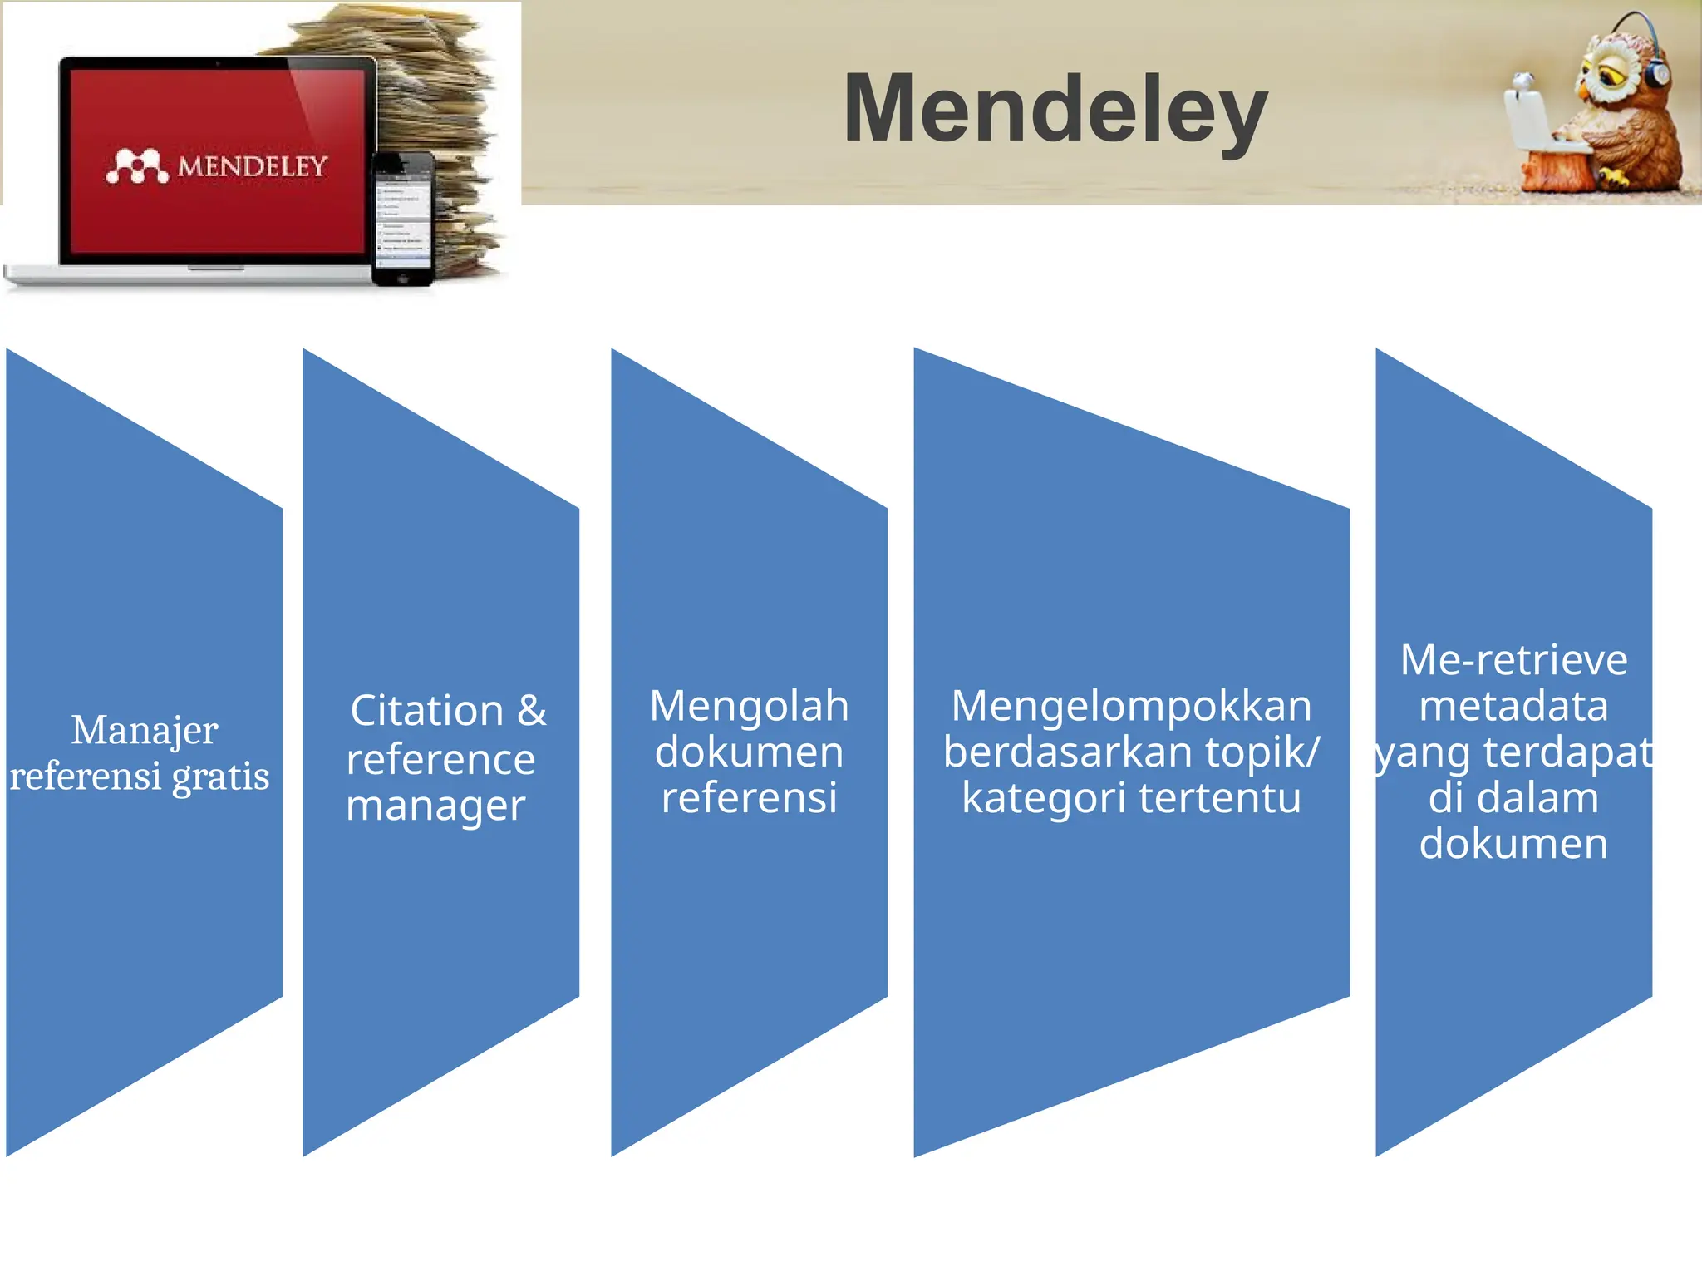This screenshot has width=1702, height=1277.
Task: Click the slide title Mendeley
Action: click(1055, 110)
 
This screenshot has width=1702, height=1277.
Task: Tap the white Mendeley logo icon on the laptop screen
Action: click(137, 166)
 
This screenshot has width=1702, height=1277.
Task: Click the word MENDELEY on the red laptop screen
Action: click(253, 167)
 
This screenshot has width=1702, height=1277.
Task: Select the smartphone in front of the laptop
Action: click(403, 219)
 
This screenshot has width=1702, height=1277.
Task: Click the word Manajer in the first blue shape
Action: click(145, 730)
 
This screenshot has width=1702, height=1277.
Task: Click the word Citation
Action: click(427, 711)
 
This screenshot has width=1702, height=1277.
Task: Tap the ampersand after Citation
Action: click(532, 711)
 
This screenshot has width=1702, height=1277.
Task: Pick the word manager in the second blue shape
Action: click(435, 806)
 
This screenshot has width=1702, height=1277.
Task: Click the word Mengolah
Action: click(749, 706)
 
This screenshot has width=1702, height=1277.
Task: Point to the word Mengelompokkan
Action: click(1131, 706)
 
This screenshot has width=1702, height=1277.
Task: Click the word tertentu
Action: click(1219, 797)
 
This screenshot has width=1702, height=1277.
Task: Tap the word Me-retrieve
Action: click(1513, 660)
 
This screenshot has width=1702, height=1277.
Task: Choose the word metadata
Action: click(1513, 706)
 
